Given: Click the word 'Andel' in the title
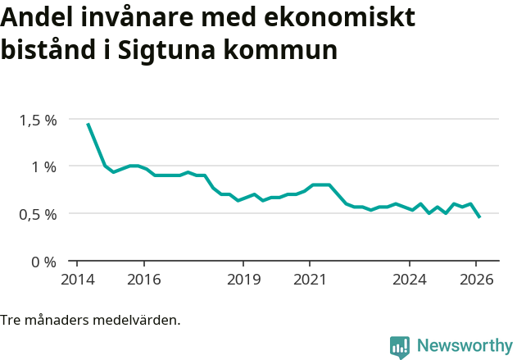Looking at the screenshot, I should pos(35,17).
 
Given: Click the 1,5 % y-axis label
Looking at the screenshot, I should pos(38,120).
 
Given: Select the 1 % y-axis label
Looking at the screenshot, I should pos(43,166).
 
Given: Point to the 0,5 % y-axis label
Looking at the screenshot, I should pos(38,214).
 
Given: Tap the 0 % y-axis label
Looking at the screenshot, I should pos(43,262).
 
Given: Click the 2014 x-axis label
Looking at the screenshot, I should pos(77,280).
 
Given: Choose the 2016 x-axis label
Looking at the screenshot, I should pos(143,280).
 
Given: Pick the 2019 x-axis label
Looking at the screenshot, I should pos(243,280).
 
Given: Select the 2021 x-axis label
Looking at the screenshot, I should pos(310,280).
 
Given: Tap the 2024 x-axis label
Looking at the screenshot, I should pos(410,280).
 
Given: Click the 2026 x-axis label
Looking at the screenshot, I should pos(476,280).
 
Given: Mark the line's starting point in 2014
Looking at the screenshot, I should pos(88,124).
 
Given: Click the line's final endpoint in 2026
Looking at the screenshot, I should pos(479,217).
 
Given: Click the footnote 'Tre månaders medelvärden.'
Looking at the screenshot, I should pos(90,320).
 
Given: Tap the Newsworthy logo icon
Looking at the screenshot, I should pos(399,346).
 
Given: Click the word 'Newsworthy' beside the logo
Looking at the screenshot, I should pos(464,346).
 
